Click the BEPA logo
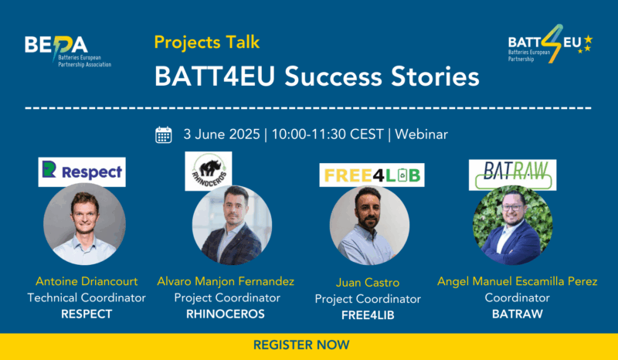(68, 50)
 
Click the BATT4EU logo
(550, 44)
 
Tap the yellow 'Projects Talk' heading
(207, 42)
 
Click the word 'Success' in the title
(333, 76)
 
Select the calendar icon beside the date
(164, 135)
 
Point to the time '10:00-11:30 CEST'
(328, 134)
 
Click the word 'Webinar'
(421, 134)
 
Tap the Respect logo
(82, 172)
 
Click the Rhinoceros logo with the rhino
(209, 172)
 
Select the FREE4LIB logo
(372, 175)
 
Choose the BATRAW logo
(512, 175)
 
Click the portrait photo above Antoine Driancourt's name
(84, 223)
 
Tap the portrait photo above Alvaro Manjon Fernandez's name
(233, 225)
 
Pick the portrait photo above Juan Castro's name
(369, 226)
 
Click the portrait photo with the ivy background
(512, 225)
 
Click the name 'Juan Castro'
(368, 282)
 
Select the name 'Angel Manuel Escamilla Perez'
(517, 281)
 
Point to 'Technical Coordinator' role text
(87, 297)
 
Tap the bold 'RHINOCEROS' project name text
(226, 314)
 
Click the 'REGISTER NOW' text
(301, 345)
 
